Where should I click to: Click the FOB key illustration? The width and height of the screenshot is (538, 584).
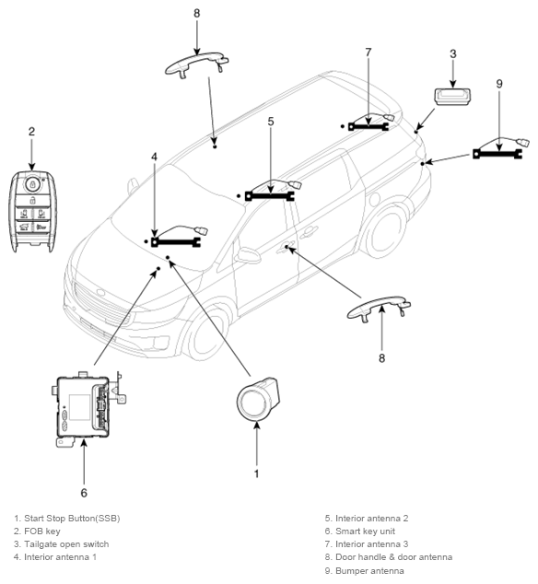coord(32,211)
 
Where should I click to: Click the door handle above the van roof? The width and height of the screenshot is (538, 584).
coord(197,65)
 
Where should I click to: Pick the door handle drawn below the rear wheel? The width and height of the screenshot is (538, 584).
coord(379,309)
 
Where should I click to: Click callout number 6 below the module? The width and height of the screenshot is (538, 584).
coord(84,493)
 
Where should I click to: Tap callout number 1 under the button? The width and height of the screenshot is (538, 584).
coord(256,473)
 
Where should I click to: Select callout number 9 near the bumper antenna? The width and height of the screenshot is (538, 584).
coord(499,84)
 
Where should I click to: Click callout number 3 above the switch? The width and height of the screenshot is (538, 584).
coord(452,54)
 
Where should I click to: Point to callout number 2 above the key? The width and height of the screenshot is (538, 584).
coord(31,132)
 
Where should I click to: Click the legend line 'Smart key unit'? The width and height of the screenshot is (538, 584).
coord(360,531)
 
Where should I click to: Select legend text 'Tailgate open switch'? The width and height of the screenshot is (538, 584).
coord(62,544)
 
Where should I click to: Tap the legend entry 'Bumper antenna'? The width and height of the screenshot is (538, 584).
coord(365,570)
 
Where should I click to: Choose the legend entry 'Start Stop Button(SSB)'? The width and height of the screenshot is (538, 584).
coord(67,518)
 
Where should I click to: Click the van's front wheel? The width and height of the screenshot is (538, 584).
coord(206,334)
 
